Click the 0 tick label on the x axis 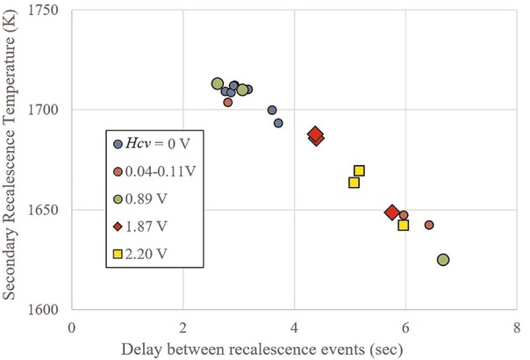click(x=72, y=327)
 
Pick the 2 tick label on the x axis click(x=183, y=327)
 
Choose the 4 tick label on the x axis click(x=295, y=327)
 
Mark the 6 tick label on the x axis click(x=405, y=327)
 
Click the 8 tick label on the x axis click(x=517, y=327)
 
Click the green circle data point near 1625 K click(x=443, y=260)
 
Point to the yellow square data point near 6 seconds click(x=404, y=226)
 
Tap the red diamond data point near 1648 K click(x=392, y=212)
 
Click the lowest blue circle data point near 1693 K click(x=278, y=123)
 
